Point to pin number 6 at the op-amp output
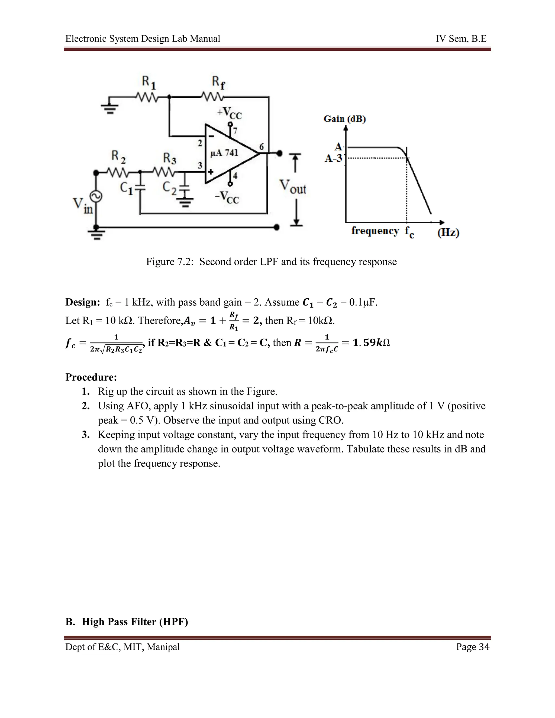(262, 147)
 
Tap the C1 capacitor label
(127, 188)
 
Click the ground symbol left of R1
(111, 108)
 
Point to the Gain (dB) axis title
(345, 119)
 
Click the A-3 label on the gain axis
(333, 159)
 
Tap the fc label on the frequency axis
(409, 231)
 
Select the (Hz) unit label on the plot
(448, 233)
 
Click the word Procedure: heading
(91, 377)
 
